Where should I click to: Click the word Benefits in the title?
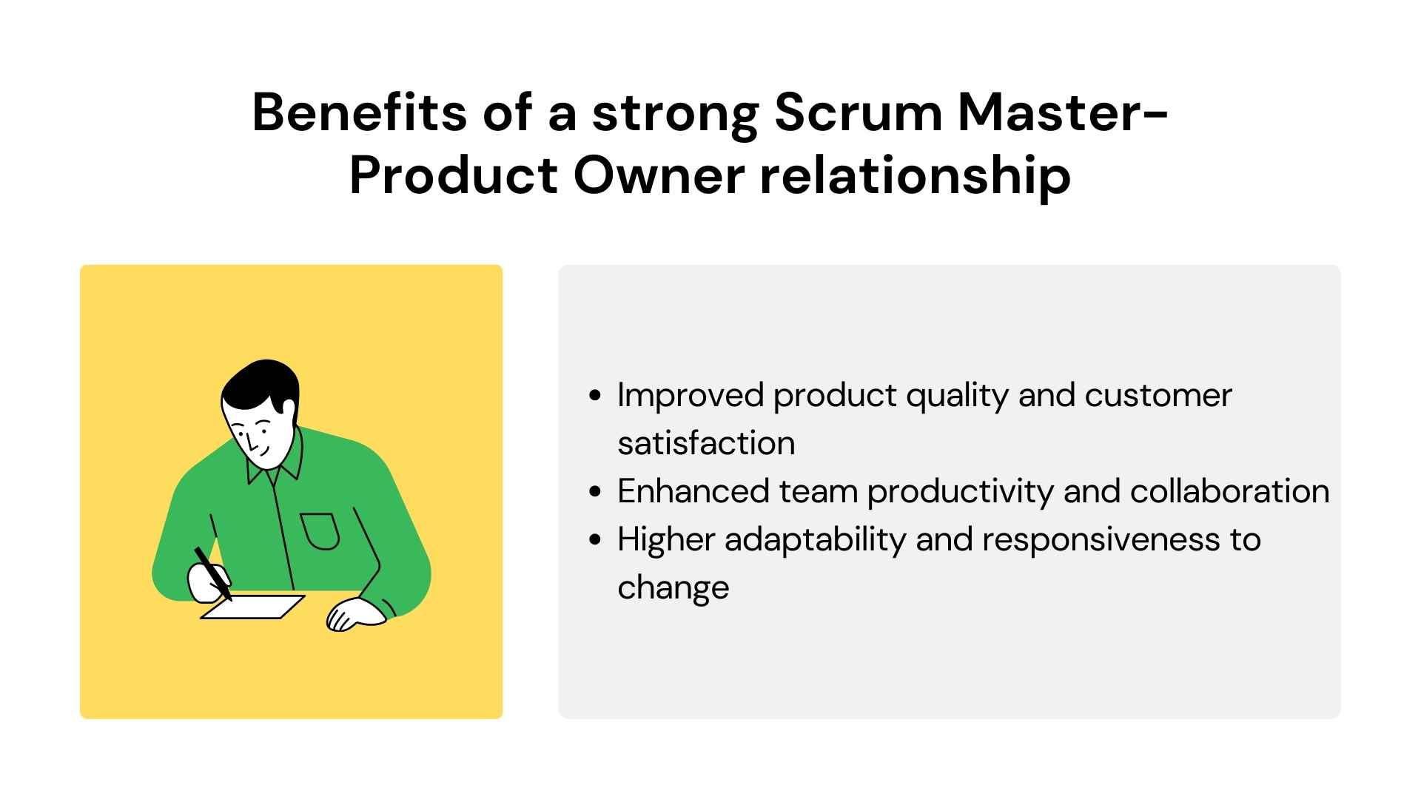(x=359, y=113)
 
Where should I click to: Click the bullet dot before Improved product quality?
(x=594, y=396)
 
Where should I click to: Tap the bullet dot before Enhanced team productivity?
(x=594, y=492)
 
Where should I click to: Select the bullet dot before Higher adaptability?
(x=594, y=540)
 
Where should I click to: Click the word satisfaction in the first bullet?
(x=706, y=443)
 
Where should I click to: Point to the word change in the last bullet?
(x=673, y=588)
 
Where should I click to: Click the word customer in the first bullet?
(x=1158, y=395)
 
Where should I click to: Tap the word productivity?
(x=960, y=492)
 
